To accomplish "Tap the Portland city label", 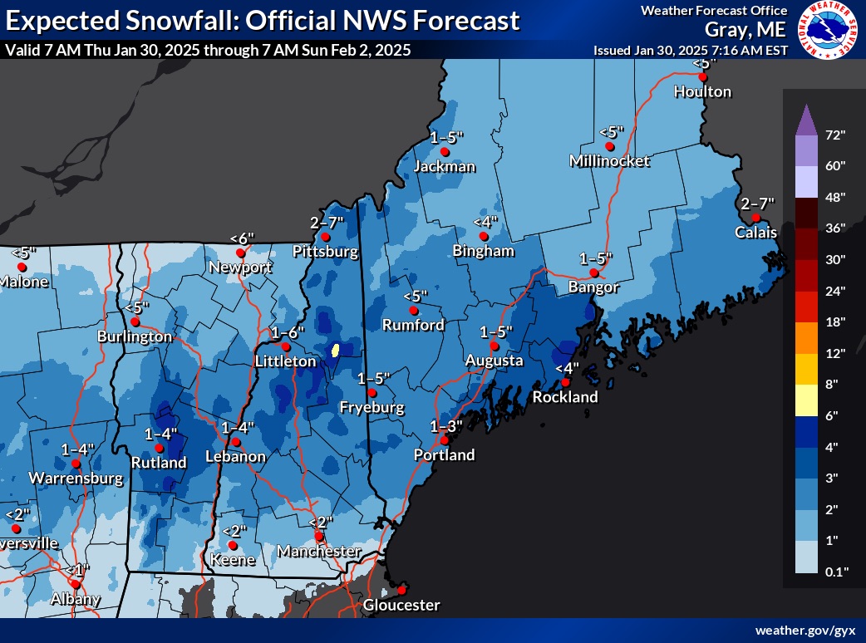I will point(445,454).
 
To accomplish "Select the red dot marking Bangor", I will point(593,272).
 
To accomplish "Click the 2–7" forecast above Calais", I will point(756,203).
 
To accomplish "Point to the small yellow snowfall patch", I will point(335,350).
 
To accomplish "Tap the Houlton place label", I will point(702,91).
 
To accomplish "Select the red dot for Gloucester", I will point(401,590).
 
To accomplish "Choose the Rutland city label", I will point(159,462).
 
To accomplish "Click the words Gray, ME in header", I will point(745,30).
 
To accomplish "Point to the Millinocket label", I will point(610,160).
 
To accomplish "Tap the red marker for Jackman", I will point(445,152).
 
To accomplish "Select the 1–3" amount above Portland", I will point(445,425).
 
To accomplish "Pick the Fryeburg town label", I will point(372,407).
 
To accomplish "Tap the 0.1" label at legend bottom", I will point(835,572).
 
